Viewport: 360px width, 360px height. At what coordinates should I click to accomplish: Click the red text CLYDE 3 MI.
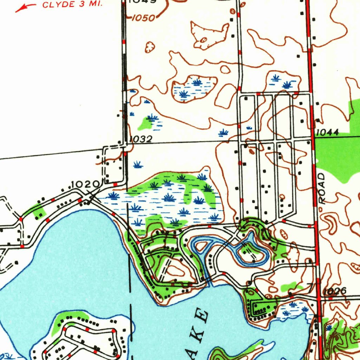tap(72, 5)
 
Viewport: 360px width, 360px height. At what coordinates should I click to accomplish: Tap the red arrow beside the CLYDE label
tap(25, 7)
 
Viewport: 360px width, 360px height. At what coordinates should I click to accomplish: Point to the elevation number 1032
tap(141, 140)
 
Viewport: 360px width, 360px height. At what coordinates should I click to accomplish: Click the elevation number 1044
tap(327, 133)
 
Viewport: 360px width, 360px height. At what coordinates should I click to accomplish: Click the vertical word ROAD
tap(323, 188)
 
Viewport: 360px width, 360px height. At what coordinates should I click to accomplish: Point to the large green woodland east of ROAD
tap(337, 155)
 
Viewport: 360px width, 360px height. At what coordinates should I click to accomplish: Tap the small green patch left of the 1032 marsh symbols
tap(145, 124)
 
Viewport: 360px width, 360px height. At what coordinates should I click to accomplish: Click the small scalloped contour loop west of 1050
tap(150, 47)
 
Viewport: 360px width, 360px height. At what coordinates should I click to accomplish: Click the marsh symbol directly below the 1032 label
tap(138, 164)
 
